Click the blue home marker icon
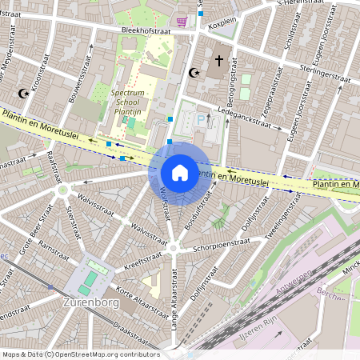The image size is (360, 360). (x=180, y=172)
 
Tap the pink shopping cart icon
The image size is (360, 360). (x=182, y=22)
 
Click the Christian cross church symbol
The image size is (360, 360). (x=218, y=61)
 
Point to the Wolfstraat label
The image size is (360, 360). (x=164, y=203)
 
